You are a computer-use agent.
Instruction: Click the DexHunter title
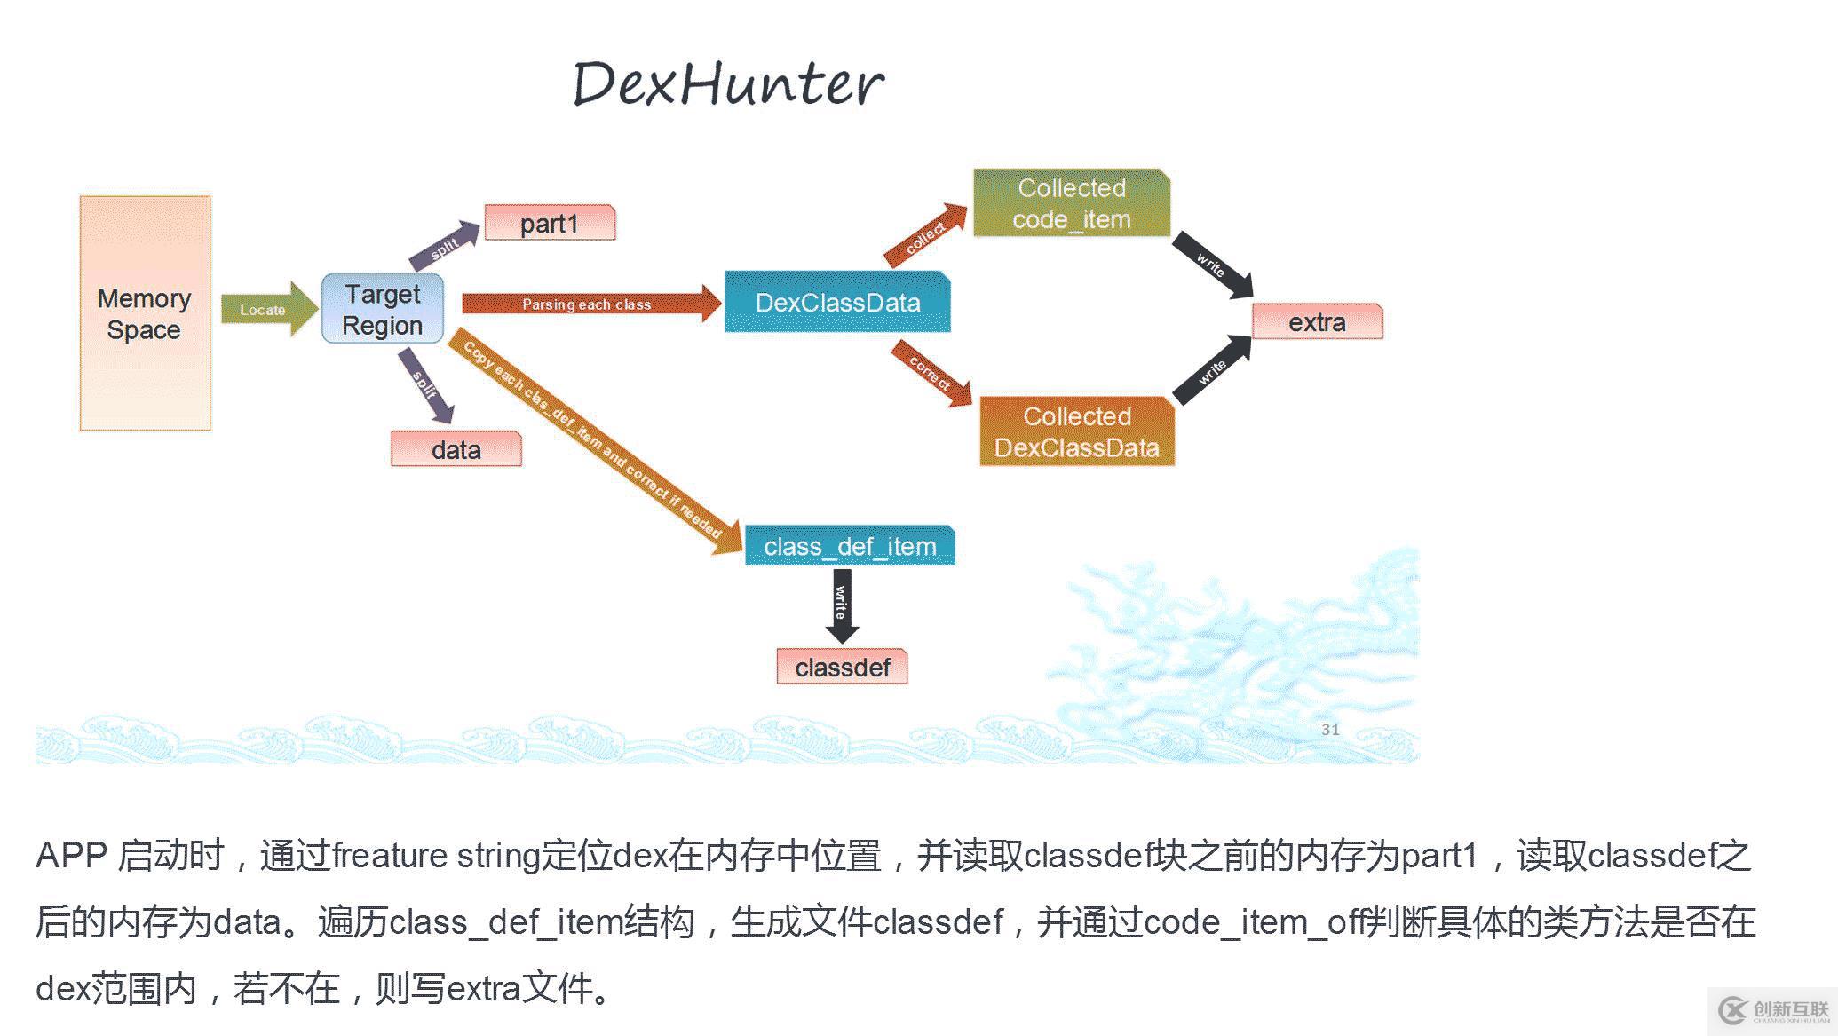(x=728, y=84)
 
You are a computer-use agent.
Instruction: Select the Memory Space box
(x=146, y=313)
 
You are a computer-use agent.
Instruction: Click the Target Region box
(x=383, y=309)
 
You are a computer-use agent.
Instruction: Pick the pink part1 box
(x=550, y=223)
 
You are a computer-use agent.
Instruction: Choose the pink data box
(x=456, y=449)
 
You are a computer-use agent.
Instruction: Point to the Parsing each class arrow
(x=591, y=304)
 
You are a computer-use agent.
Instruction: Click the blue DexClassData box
(x=837, y=302)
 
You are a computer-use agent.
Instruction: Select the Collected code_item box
(x=1072, y=203)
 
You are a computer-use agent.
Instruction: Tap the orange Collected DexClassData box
(x=1077, y=431)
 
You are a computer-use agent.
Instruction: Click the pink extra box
(x=1318, y=321)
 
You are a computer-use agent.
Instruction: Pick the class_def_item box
(x=850, y=545)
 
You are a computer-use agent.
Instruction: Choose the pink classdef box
(x=843, y=667)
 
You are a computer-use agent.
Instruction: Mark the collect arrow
(x=926, y=234)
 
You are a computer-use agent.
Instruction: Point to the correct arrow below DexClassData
(x=931, y=373)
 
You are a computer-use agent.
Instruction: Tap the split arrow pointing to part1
(x=444, y=246)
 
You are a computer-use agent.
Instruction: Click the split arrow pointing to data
(x=426, y=385)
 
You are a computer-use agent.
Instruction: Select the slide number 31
(x=1330, y=730)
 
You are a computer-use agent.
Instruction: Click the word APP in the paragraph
(x=71, y=856)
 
